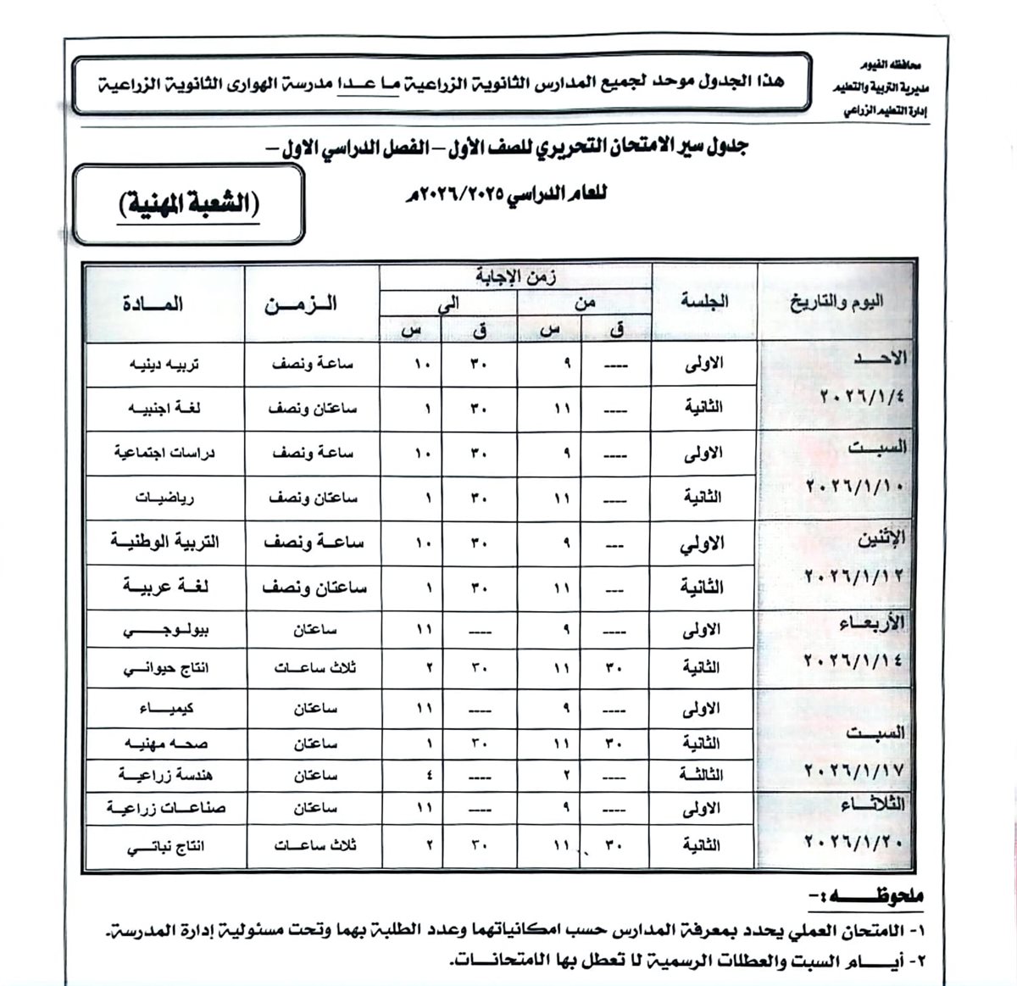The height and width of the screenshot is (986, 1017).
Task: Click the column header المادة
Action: point(153,304)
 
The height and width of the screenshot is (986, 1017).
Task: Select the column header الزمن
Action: point(300,304)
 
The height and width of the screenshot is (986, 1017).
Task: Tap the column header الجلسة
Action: point(703,301)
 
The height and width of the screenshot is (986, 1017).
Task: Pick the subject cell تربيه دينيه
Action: point(164,365)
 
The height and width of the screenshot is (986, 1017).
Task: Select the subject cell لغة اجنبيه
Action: point(164,409)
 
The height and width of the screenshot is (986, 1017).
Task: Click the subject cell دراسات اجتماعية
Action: point(164,453)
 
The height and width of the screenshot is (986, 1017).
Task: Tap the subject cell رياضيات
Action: point(164,498)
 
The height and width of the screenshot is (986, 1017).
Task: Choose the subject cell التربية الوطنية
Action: point(164,542)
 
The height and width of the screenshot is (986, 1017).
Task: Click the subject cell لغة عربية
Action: point(164,587)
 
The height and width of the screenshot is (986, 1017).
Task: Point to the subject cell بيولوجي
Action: point(164,631)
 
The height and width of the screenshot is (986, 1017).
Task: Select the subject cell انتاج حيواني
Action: point(164,668)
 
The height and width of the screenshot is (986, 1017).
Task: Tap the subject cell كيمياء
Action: point(164,708)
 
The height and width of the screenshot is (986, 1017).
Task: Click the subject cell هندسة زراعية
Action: point(164,775)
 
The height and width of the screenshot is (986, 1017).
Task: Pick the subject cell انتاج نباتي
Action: point(164,846)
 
